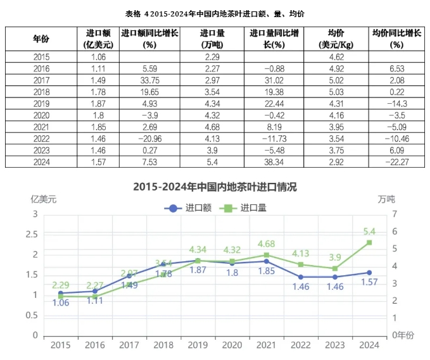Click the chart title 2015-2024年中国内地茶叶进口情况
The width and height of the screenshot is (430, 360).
tap(215, 187)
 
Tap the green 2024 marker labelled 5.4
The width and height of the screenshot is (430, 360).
tap(369, 242)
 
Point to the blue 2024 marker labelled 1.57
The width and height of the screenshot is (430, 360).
tap(369, 273)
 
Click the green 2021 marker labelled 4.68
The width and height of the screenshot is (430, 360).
tap(266, 255)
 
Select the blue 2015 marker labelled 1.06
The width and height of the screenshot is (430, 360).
tap(61, 293)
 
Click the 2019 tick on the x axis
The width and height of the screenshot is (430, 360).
tap(198, 345)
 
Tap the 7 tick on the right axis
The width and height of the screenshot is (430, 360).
tap(394, 214)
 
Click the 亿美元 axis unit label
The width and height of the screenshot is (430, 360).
tap(44, 199)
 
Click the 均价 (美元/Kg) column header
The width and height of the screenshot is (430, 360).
tap(336, 39)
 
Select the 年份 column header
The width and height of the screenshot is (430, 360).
tap(41, 39)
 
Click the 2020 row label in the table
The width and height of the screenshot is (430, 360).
tap(41, 115)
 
